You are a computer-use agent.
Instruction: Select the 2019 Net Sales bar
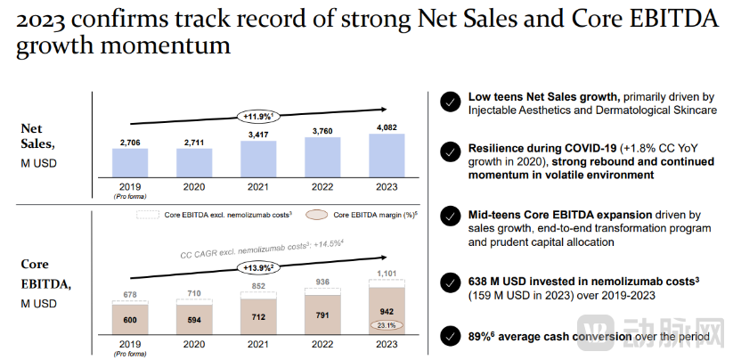130,163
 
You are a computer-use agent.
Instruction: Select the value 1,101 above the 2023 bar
387,273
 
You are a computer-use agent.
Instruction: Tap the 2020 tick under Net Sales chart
194,188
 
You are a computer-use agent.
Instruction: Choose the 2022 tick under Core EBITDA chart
323,345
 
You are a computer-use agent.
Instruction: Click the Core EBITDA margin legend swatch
316,216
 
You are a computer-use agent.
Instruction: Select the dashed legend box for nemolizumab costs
148,216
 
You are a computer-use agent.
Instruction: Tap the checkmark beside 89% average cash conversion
450,337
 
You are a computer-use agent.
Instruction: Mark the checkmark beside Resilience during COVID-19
450,156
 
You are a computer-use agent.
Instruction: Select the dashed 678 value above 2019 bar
130,295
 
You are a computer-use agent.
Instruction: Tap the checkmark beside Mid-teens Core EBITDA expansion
450,223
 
